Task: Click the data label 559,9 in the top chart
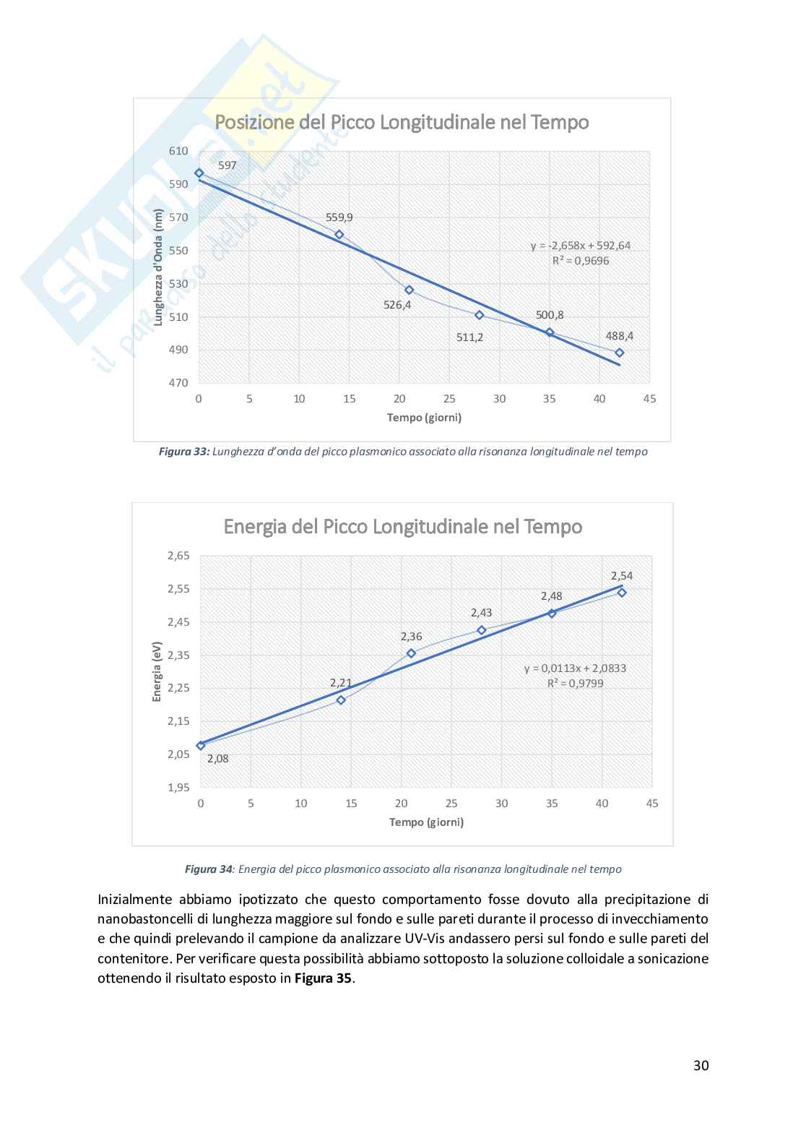click(339, 217)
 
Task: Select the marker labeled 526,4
click(409, 290)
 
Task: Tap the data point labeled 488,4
click(620, 353)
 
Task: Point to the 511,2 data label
click(469, 337)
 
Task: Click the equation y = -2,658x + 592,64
click(580, 246)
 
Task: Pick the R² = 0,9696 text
click(581, 260)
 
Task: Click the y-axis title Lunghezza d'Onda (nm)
click(159, 267)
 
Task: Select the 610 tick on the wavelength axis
click(178, 151)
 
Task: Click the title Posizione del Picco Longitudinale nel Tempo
click(402, 122)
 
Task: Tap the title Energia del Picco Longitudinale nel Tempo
click(403, 526)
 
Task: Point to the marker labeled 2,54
click(622, 593)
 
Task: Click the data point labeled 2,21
click(341, 699)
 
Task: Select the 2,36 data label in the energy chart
click(411, 637)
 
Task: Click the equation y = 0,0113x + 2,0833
click(575, 668)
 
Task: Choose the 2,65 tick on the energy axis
click(178, 556)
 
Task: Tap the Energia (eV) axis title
click(157, 671)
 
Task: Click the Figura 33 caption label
click(183, 452)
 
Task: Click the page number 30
click(701, 1065)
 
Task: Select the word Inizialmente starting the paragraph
click(134, 900)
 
